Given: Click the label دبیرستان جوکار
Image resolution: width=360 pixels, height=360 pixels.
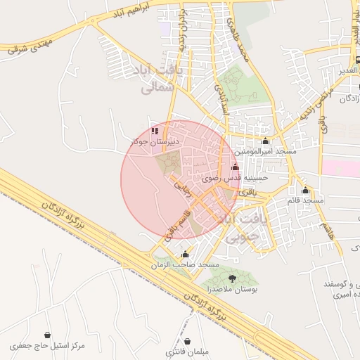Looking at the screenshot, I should [x=155, y=141].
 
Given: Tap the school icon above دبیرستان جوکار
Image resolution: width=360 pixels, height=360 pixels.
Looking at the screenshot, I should [x=155, y=131].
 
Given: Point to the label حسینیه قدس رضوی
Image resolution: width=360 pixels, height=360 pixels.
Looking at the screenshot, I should [x=235, y=179].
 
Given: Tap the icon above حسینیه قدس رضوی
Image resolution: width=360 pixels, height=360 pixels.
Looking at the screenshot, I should [x=234, y=168].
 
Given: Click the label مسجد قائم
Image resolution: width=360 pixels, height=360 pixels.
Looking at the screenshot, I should [x=304, y=200].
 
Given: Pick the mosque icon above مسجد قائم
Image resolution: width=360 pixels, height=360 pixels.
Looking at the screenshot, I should [x=304, y=190].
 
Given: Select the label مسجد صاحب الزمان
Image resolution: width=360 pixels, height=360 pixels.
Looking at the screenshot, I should [x=186, y=264].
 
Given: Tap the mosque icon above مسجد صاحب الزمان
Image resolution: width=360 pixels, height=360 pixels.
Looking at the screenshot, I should [x=185, y=254].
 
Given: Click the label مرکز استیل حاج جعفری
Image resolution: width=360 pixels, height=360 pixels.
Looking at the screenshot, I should [x=48, y=346].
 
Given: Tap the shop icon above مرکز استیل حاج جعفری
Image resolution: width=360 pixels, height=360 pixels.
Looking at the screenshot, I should [x=47, y=335].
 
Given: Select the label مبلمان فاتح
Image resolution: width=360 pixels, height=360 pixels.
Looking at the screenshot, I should [x=184, y=351].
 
